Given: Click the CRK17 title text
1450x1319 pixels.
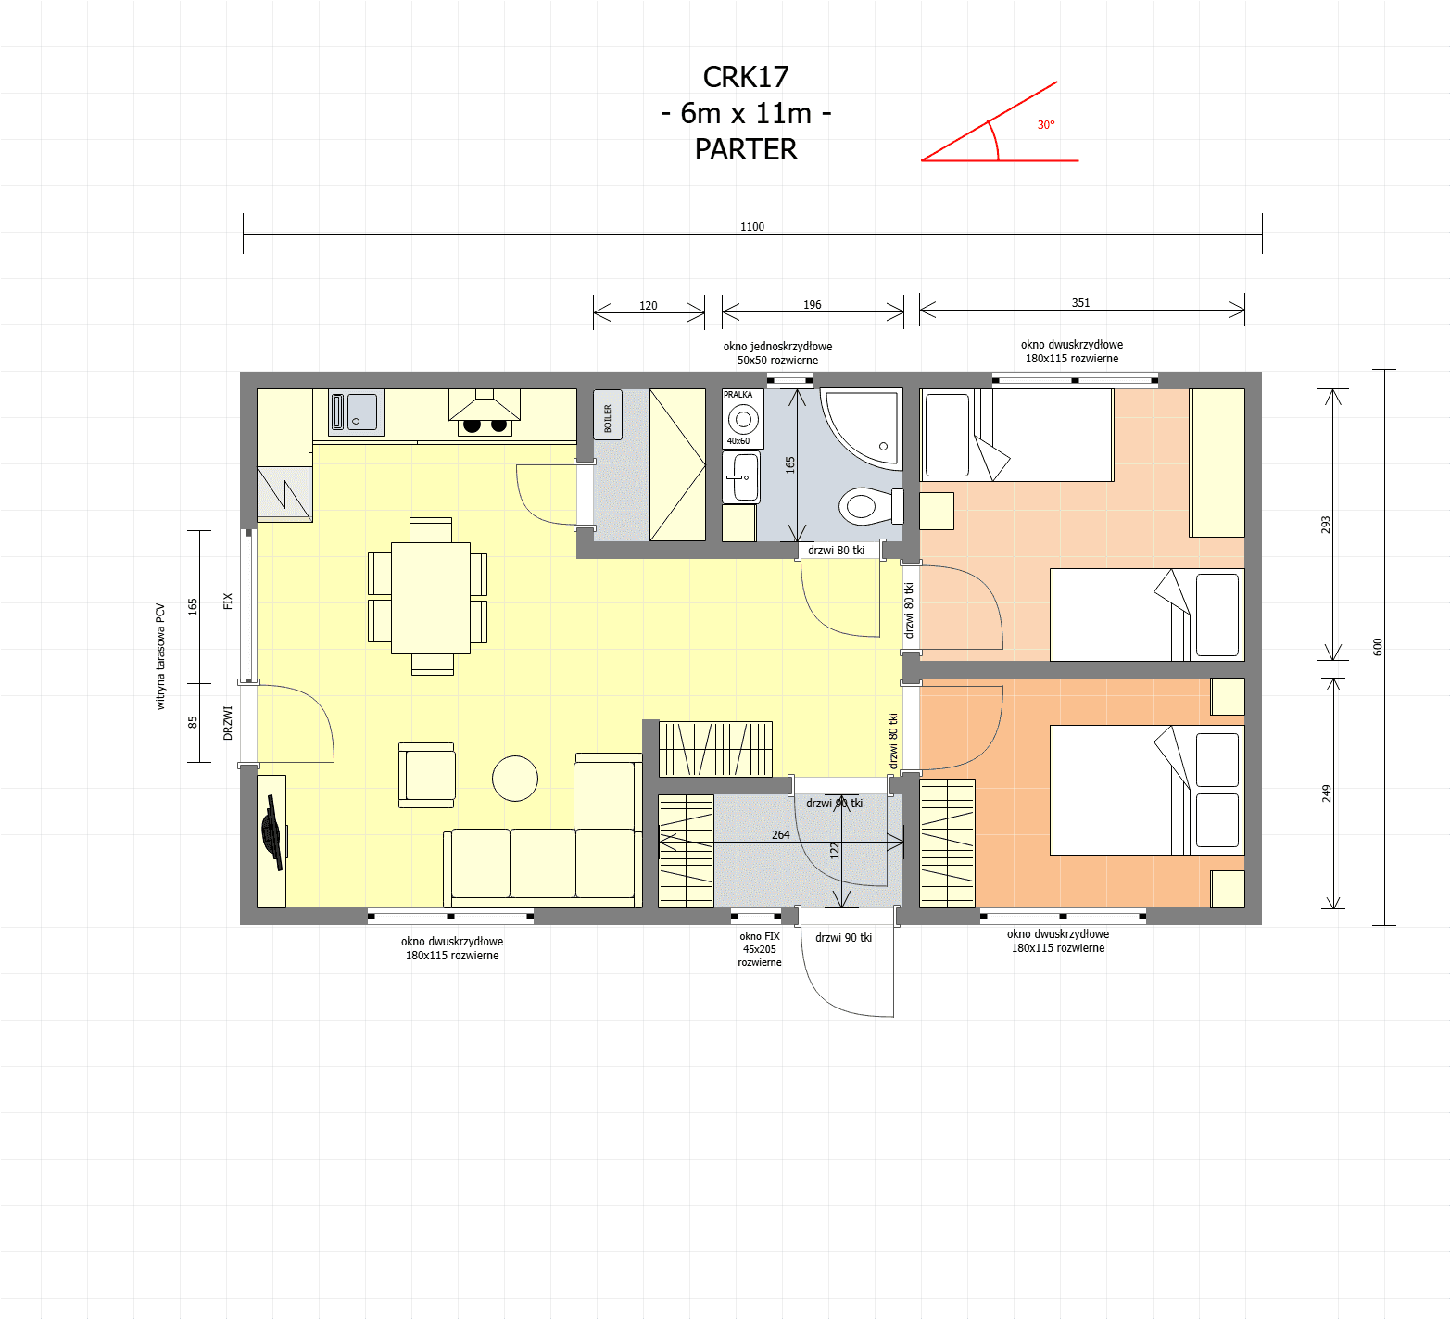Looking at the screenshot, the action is tap(746, 77).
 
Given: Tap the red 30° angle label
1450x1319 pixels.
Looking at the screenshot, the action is tap(1046, 125).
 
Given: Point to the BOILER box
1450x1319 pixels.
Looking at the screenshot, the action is tap(608, 414).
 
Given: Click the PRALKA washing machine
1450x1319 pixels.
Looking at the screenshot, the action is tap(743, 418).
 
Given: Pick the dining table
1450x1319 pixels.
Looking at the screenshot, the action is tap(431, 598).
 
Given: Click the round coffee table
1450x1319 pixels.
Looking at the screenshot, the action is tap(515, 778).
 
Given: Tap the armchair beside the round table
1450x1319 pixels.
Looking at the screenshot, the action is tap(427, 775).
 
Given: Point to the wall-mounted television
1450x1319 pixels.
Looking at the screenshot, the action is tap(272, 832).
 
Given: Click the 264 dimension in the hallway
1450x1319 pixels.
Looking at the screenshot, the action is tap(781, 835).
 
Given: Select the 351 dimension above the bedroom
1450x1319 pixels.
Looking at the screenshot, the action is tap(1080, 303).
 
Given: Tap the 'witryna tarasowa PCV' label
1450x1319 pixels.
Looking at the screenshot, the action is tap(160, 656).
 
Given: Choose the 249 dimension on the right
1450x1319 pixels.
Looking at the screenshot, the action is tap(1326, 793).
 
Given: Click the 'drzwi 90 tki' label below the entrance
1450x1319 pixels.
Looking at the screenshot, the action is tap(843, 938).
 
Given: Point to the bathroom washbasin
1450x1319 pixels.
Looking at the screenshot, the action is tap(741, 477).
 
